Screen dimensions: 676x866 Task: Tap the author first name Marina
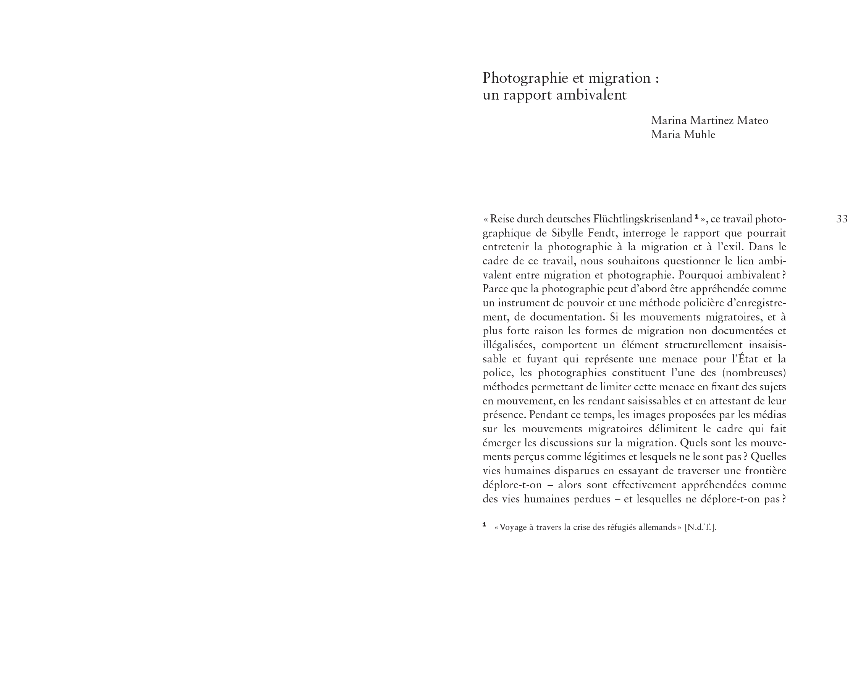click(669, 121)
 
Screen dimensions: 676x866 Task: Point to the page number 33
click(842, 219)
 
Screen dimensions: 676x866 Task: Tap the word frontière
click(765, 471)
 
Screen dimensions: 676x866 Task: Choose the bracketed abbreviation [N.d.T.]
click(700, 527)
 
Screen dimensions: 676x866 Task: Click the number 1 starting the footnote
click(484, 525)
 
